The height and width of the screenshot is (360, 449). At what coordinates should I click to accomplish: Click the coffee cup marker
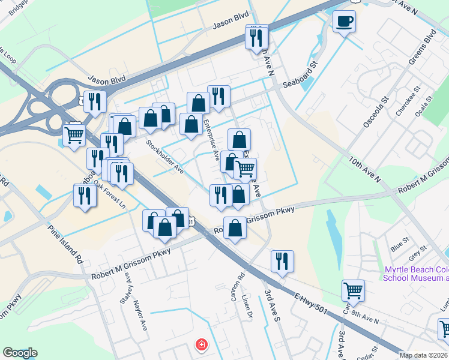(344, 22)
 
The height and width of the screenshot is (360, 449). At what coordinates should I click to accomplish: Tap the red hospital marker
(202, 345)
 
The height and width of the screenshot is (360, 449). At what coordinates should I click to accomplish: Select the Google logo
(20, 353)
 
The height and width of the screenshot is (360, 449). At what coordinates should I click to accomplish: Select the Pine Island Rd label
(65, 244)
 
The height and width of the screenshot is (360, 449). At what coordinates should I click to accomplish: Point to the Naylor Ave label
(140, 299)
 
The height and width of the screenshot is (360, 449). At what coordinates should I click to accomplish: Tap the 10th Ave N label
(365, 168)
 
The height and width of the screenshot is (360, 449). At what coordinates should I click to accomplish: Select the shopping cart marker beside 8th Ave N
(353, 290)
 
